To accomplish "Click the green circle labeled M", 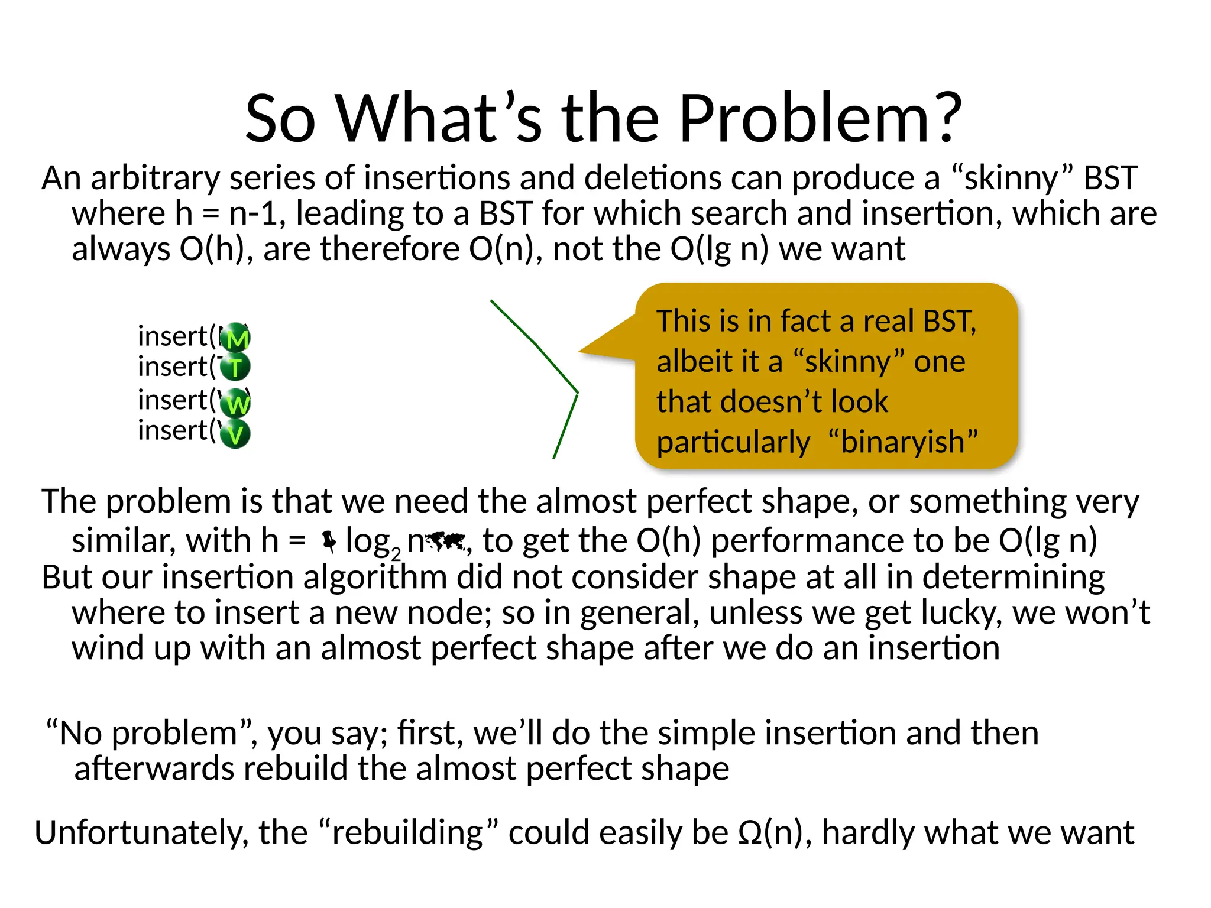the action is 236,338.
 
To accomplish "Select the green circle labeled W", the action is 236,404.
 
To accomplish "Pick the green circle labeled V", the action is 235,434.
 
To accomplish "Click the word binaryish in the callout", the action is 903,442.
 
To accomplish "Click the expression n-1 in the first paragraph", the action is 253,213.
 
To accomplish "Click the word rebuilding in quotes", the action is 408,833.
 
